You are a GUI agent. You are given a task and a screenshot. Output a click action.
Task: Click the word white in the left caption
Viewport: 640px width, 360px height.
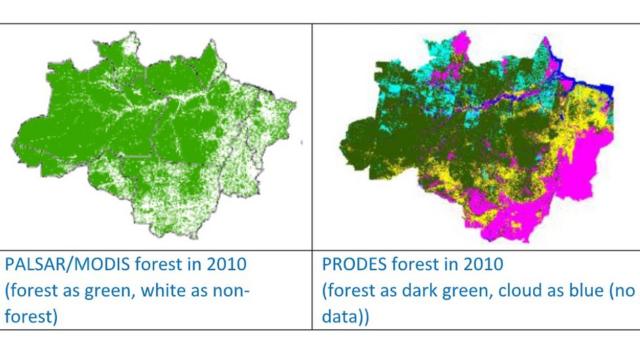[x=183, y=289]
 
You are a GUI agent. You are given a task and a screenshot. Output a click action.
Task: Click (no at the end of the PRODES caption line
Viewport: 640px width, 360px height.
[x=624, y=289]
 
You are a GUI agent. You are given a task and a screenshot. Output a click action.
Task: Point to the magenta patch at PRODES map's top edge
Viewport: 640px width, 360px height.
[x=462, y=45]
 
